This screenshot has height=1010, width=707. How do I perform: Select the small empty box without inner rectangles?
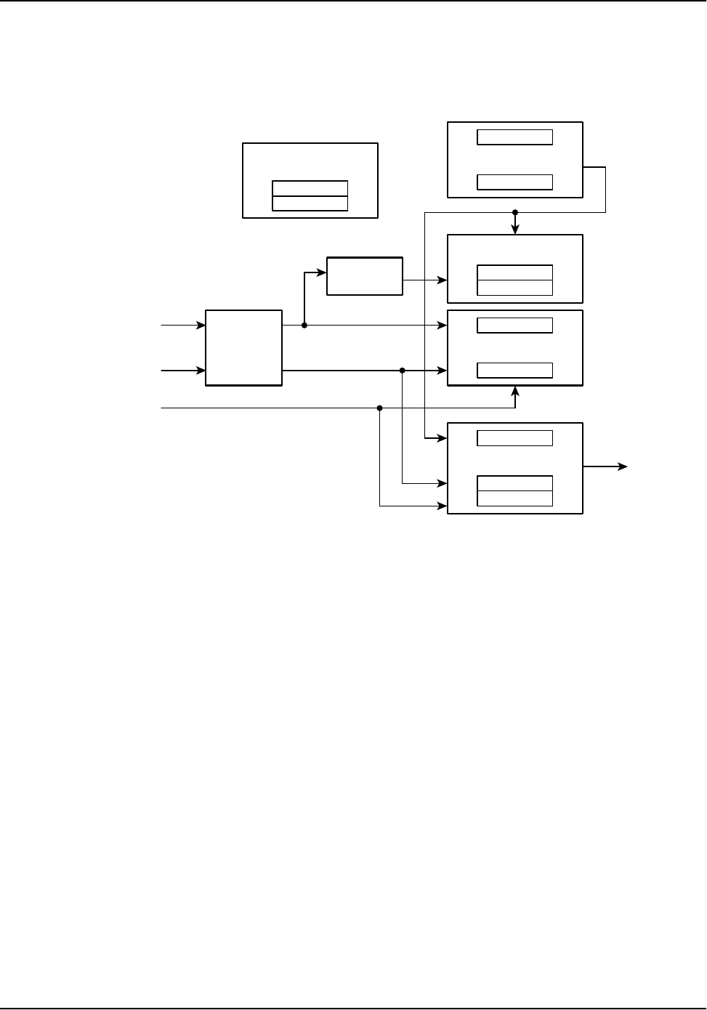coord(365,276)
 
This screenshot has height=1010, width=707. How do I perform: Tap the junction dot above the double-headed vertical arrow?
coord(515,212)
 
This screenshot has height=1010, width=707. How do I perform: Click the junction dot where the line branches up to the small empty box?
coord(304,326)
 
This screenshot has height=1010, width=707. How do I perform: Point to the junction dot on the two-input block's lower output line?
coord(402,371)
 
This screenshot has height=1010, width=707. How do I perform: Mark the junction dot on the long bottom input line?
coord(380,408)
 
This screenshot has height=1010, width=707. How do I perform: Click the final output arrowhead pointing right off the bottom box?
coord(623,467)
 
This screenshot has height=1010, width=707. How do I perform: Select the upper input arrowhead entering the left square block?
coord(201,326)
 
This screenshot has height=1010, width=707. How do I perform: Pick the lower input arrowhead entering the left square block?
coord(201,371)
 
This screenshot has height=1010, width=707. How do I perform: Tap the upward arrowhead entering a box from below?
coord(515,391)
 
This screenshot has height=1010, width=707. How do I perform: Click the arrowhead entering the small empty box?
coord(322,272)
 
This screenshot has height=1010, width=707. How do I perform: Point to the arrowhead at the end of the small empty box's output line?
coord(443,280)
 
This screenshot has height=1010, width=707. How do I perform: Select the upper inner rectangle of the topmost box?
coord(514,137)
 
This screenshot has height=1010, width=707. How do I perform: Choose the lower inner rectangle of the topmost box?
coord(514,182)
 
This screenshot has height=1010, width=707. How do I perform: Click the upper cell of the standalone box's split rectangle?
coord(310,188)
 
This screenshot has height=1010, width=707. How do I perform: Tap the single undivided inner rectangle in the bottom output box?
coord(514,438)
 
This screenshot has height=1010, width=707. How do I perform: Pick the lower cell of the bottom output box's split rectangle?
coord(514,498)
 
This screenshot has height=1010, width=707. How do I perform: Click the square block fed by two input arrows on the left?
coord(243,348)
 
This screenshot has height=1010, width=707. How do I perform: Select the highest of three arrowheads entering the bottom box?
coord(443,438)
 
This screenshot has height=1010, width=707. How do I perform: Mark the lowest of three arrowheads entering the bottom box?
coord(443,506)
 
